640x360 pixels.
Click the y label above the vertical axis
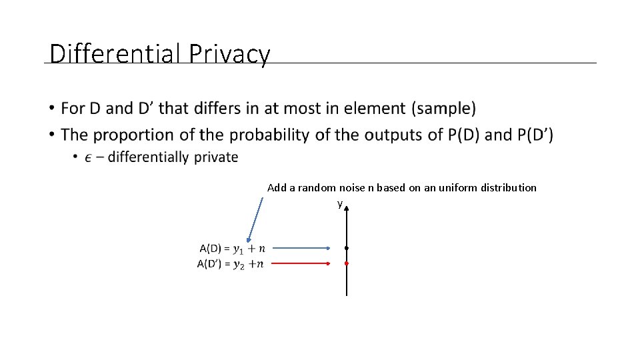[339, 203]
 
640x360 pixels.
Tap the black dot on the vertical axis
[347, 248]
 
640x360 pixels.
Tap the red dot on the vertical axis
[347, 263]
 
